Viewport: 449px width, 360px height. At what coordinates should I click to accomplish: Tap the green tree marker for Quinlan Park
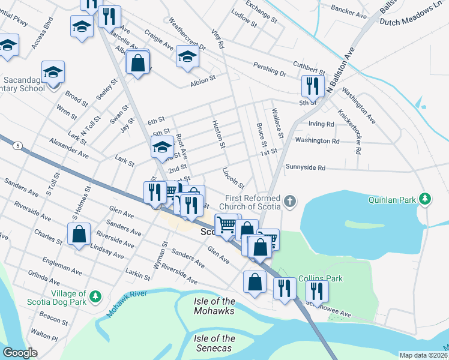click(x=426, y=198)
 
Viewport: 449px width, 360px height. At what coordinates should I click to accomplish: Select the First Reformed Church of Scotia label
click(x=253, y=203)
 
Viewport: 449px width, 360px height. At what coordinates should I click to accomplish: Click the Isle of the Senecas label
click(x=214, y=344)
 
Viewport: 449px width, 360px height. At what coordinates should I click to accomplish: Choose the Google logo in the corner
click(x=19, y=353)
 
